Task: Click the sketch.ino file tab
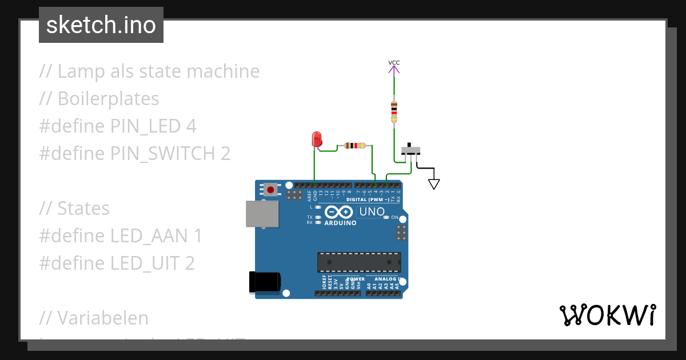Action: pyautogui.click(x=101, y=25)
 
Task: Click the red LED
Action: pyautogui.click(x=316, y=139)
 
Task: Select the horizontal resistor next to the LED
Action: pyautogui.click(x=356, y=146)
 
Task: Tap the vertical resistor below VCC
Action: pyautogui.click(x=394, y=112)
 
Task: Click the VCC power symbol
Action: pyautogui.click(x=394, y=67)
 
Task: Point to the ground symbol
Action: pyautogui.click(x=434, y=183)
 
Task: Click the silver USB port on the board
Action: pyautogui.click(x=262, y=214)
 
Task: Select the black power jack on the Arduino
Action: pyautogui.click(x=265, y=282)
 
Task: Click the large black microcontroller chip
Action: pyautogui.click(x=359, y=262)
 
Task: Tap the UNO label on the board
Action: pyautogui.click(x=372, y=212)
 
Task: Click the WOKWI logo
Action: pyautogui.click(x=607, y=315)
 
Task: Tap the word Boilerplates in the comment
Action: pyautogui.click(x=108, y=99)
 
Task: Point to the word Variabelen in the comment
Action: pyautogui.click(x=103, y=318)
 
